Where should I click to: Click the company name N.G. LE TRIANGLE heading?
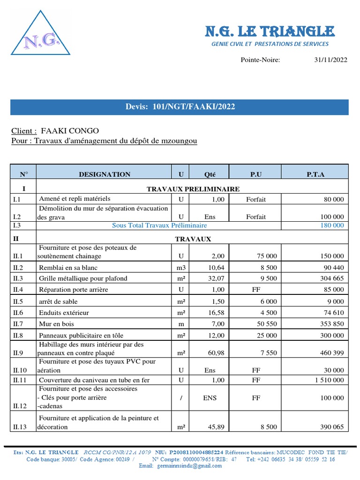coord(270,31)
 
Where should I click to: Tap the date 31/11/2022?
coord(330,60)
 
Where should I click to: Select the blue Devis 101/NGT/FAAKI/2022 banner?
coord(180,107)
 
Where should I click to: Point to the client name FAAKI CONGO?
coord(70,131)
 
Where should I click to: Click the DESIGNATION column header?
coord(105,174)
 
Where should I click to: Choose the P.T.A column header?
coord(315,174)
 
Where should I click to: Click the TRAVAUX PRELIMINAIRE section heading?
coord(193,189)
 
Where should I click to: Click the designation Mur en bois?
coord(56,324)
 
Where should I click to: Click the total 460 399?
coord(331,353)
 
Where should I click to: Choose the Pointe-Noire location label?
coord(260,60)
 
